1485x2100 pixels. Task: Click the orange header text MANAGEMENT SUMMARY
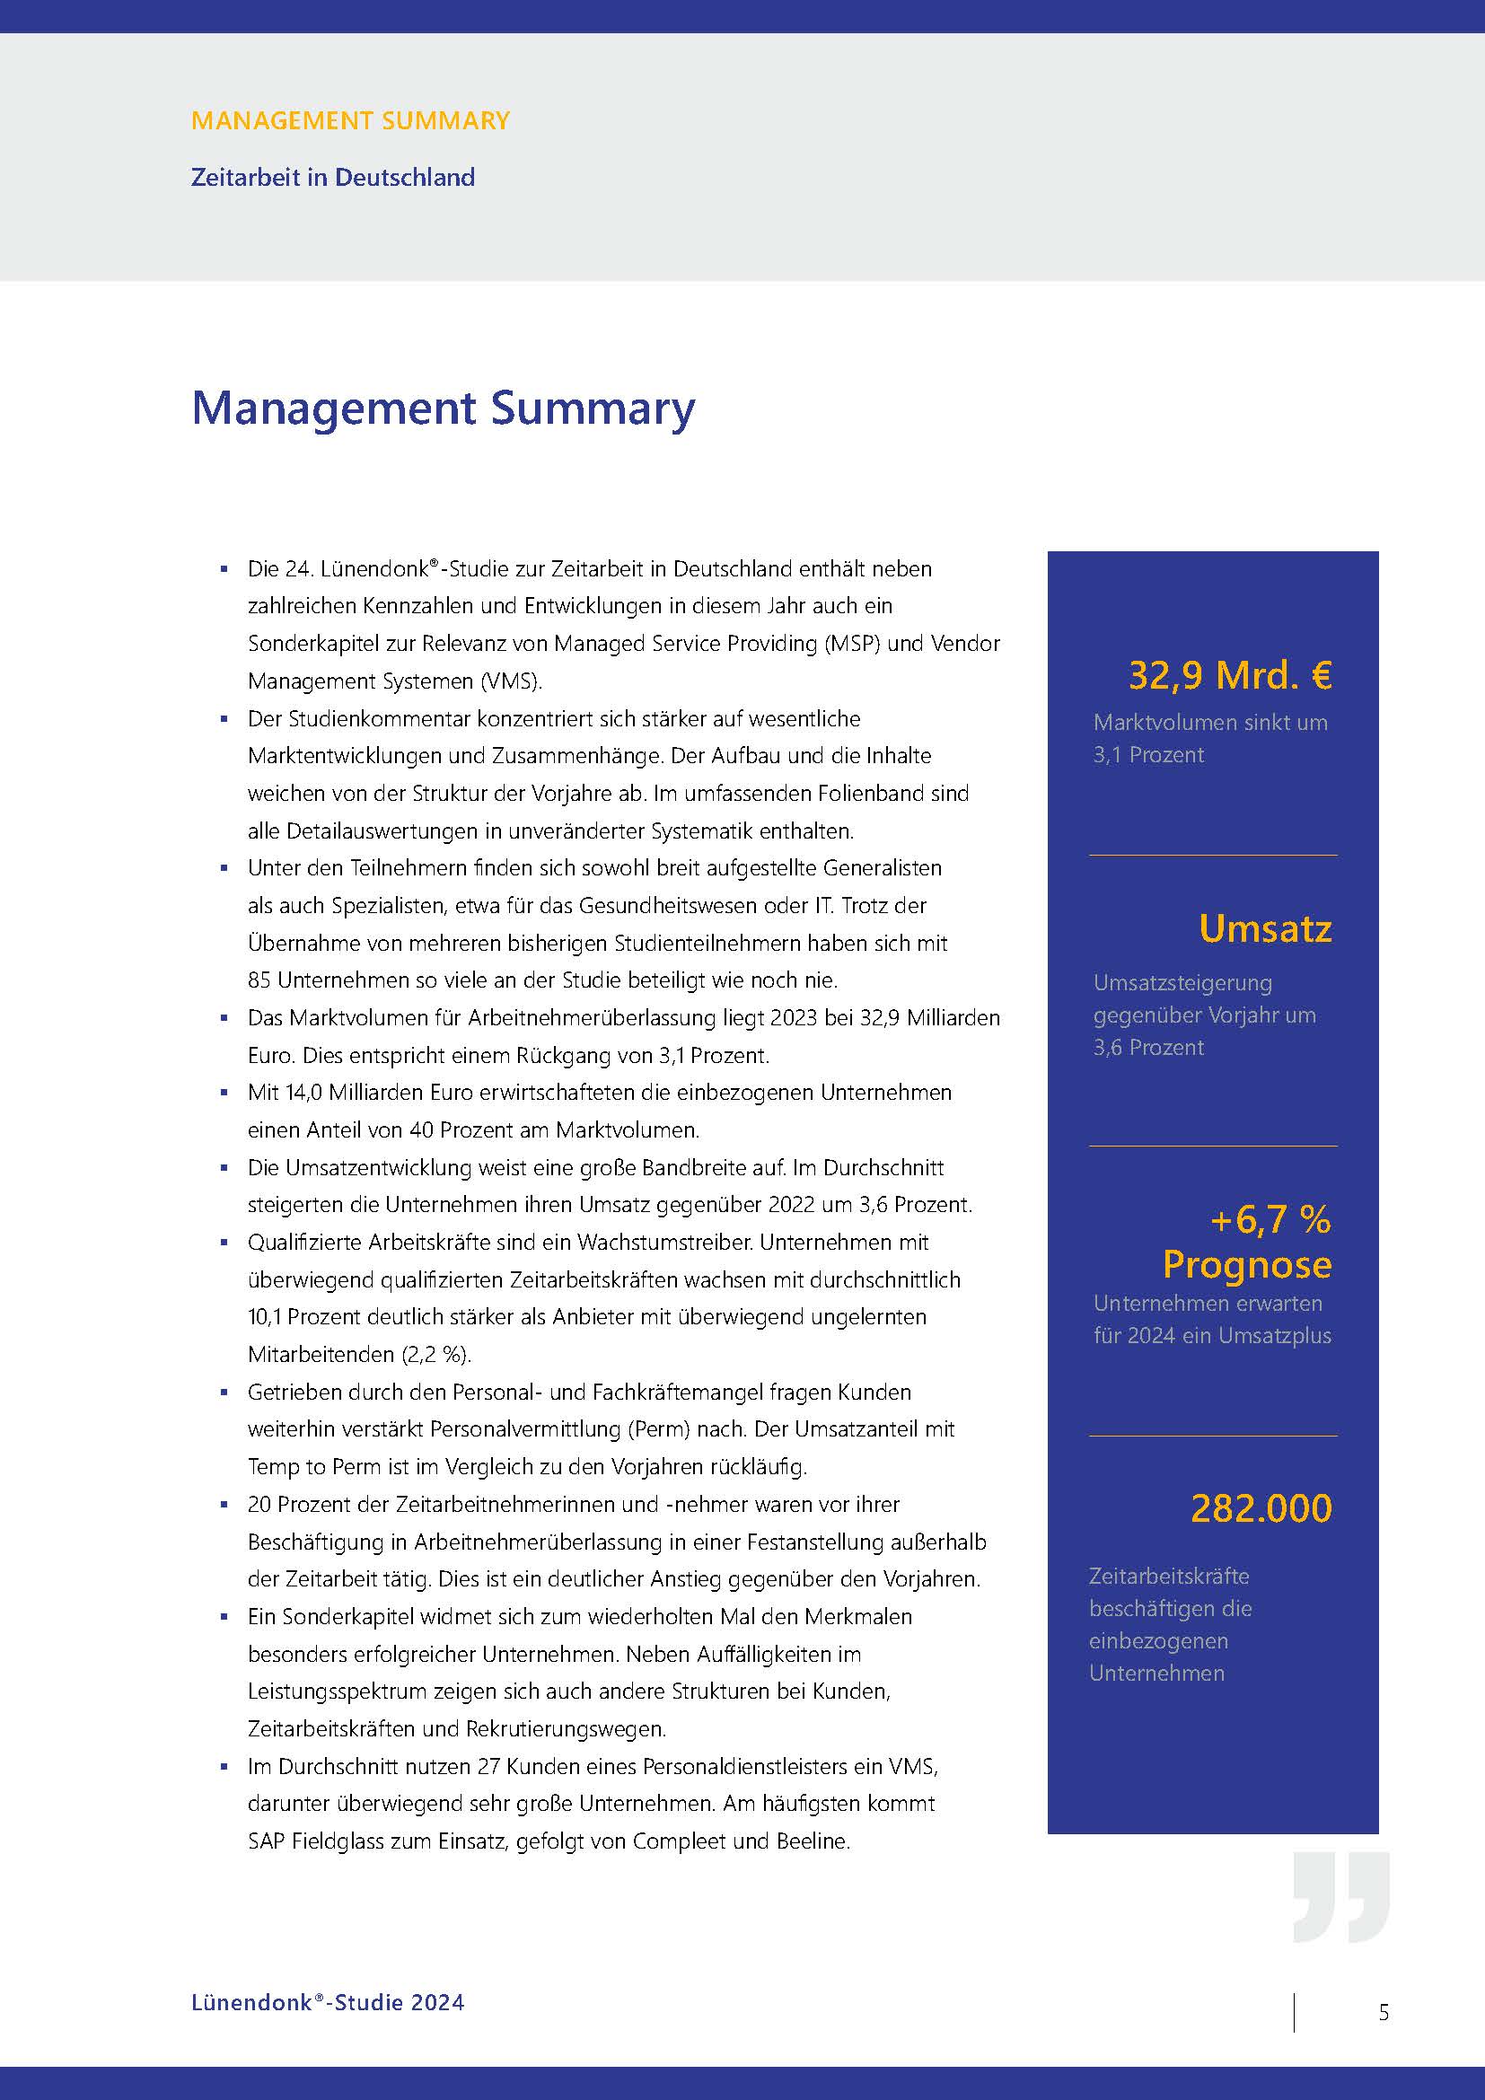coord(350,120)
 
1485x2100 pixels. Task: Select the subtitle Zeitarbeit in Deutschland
coord(333,177)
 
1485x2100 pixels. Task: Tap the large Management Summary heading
coord(443,408)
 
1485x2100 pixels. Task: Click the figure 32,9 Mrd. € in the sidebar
coord(1230,675)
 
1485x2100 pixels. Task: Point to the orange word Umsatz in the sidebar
coord(1265,928)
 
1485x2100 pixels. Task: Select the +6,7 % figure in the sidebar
coord(1270,1219)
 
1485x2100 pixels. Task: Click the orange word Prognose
coord(1246,1264)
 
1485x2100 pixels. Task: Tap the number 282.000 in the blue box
coord(1261,1508)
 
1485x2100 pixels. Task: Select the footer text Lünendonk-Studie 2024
coord(328,2002)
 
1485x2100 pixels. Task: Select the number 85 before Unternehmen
coord(259,980)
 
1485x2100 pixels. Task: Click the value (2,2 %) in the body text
coord(436,1354)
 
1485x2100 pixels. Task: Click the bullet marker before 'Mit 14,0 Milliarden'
coord(224,1093)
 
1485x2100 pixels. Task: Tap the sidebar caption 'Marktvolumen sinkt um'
coord(1209,723)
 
